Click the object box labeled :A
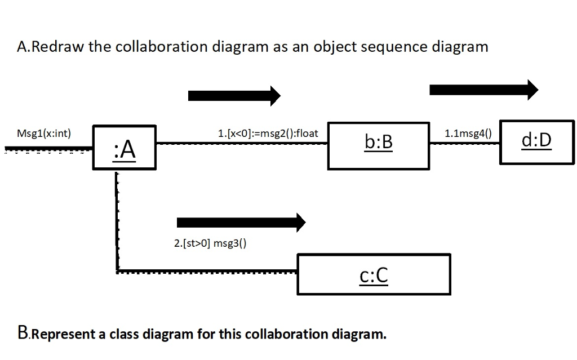[124, 147]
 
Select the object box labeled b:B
[378, 145]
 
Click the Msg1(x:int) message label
[43, 134]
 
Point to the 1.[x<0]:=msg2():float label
[268, 134]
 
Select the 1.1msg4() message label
[468, 134]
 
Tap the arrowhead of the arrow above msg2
[274, 96]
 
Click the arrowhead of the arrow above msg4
[531, 89]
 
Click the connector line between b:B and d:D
[464, 144]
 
